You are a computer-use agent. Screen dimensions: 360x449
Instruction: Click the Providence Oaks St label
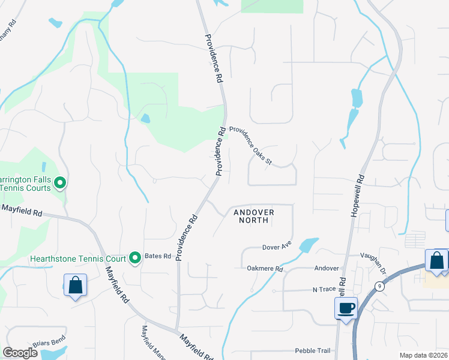251,146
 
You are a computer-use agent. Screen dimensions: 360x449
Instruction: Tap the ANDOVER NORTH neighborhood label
254,216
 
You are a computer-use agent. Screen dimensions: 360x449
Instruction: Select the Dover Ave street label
277,247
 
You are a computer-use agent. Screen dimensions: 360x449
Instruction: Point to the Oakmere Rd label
265,269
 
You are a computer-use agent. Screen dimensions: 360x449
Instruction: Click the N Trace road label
324,290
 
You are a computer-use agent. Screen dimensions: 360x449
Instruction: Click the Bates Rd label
158,256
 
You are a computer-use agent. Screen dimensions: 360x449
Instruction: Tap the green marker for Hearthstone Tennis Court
135,258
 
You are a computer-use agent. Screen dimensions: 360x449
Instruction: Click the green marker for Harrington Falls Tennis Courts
59,182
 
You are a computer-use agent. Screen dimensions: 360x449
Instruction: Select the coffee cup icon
346,308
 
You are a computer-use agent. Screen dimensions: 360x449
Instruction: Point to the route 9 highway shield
379,286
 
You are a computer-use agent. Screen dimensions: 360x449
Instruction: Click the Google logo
20,353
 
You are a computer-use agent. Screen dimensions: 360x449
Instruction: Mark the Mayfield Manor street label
145,341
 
